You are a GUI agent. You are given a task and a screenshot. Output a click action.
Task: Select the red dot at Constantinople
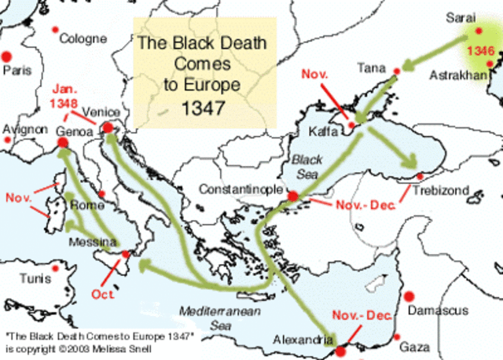coord(292,197)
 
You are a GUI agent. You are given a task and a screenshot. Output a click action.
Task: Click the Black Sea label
coord(304,164)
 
